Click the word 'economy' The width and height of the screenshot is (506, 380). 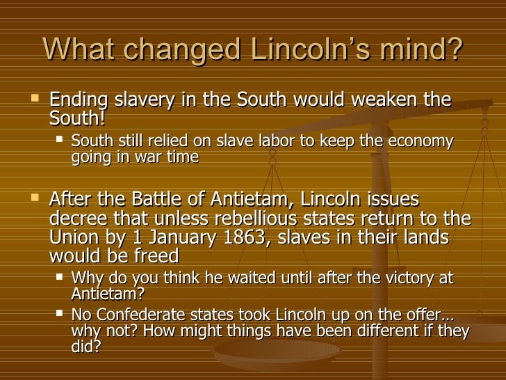coord(423,141)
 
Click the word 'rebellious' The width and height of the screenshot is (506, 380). coord(250,218)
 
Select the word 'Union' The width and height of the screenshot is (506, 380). coord(75,237)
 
